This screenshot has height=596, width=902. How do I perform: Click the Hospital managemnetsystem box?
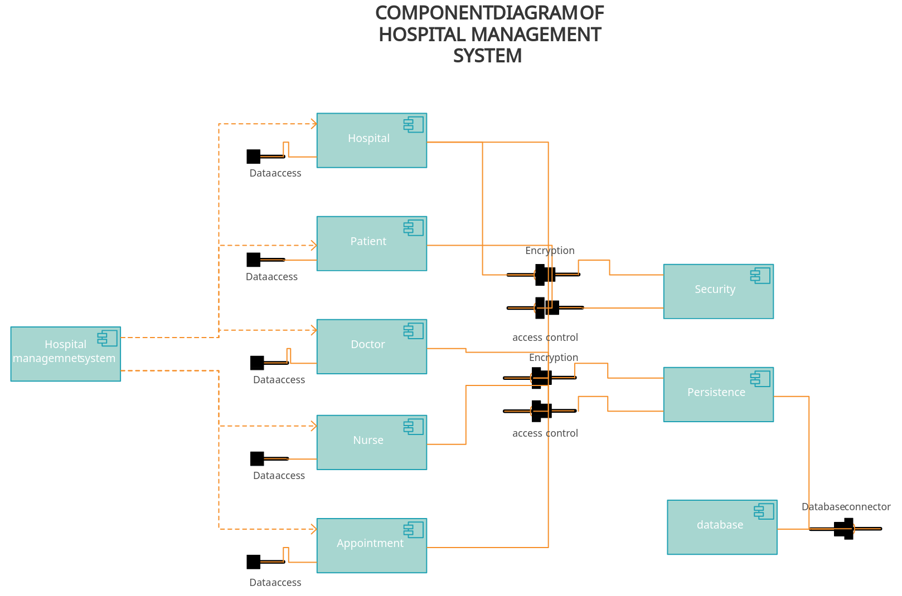pos(65,354)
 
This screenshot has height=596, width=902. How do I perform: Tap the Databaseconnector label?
pos(845,506)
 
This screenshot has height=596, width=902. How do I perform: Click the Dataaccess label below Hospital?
pos(275,173)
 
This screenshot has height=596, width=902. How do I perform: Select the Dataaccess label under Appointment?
pos(275,583)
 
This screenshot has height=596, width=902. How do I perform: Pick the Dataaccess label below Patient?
pos(272,277)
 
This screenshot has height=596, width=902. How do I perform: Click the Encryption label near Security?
pos(549,251)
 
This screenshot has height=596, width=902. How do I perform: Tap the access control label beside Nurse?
pos(545,433)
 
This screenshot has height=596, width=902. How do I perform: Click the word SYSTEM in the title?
pos(487,56)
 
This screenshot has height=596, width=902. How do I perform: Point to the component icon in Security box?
pos(760,275)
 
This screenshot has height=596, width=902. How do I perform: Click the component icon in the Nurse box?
pos(414,427)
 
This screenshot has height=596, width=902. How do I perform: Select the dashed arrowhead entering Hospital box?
pos(314,124)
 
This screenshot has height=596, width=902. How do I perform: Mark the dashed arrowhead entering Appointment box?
pos(314,529)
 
